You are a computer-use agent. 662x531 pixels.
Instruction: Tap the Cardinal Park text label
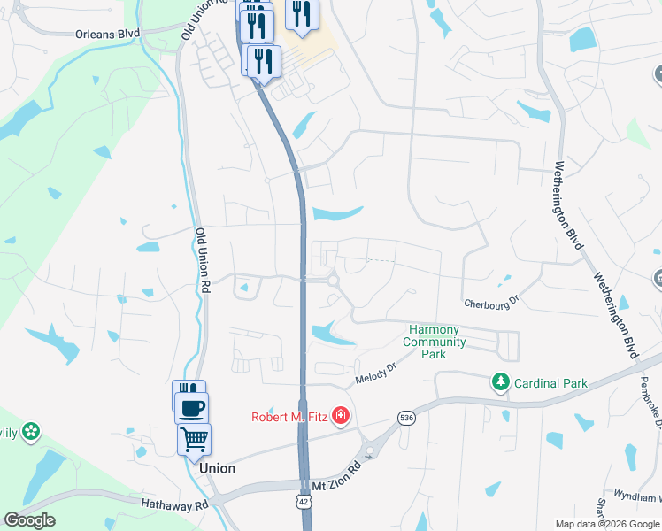[x=550, y=383]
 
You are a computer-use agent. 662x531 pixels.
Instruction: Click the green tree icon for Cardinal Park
[x=501, y=382]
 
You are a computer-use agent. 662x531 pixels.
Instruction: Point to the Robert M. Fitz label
[x=289, y=417]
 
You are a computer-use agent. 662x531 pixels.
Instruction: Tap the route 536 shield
[x=406, y=418]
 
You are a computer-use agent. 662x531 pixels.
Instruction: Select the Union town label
[x=218, y=468]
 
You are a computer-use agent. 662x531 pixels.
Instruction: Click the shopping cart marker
[x=195, y=439]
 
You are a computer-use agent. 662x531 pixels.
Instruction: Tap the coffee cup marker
[x=192, y=408]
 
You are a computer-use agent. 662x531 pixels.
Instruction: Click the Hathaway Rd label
[x=174, y=503]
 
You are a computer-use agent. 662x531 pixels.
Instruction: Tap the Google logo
[x=29, y=519]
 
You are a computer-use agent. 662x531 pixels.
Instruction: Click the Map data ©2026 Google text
[x=607, y=524]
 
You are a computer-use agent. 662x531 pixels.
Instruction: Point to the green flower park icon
[x=33, y=432]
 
